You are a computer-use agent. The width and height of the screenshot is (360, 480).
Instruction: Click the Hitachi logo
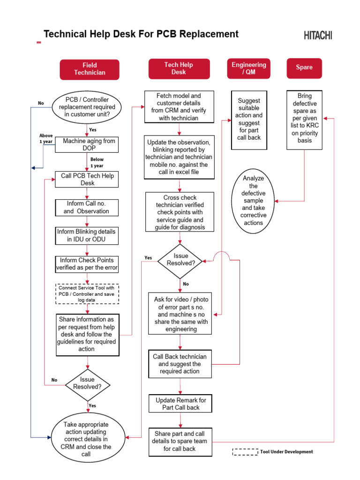[x=318, y=35]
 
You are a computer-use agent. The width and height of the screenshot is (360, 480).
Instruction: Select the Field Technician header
[x=90, y=69]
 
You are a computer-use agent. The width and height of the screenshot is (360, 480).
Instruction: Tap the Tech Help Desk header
[x=179, y=68]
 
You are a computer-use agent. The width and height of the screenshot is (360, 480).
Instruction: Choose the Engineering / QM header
[x=249, y=68]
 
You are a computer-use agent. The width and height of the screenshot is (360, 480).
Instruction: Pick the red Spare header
[x=304, y=67]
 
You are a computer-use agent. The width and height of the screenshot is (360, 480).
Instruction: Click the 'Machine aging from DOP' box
[x=89, y=144]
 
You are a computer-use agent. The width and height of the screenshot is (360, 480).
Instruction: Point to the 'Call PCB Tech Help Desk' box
[x=87, y=179]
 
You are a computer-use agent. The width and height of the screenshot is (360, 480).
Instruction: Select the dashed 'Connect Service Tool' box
[x=87, y=294]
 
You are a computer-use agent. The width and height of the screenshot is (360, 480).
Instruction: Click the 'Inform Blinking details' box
[x=87, y=236]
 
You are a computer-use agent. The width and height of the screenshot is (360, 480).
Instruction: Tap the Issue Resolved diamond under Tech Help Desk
[x=180, y=260]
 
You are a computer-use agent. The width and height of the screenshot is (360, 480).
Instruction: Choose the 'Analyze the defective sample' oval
[x=254, y=201]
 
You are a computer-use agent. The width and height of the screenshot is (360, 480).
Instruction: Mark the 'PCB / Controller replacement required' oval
[x=87, y=107]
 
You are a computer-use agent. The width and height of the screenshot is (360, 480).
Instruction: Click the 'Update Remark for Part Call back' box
[x=180, y=404]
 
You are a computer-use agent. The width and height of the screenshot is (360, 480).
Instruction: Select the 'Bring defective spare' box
[x=304, y=121]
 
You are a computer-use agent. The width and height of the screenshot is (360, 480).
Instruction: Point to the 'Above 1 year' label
[x=46, y=138]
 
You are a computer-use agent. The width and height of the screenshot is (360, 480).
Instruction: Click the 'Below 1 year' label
[x=97, y=163]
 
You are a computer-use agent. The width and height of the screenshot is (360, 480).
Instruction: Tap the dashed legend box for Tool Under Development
[x=245, y=452]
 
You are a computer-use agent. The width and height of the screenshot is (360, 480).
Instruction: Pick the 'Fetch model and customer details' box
[x=179, y=107]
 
